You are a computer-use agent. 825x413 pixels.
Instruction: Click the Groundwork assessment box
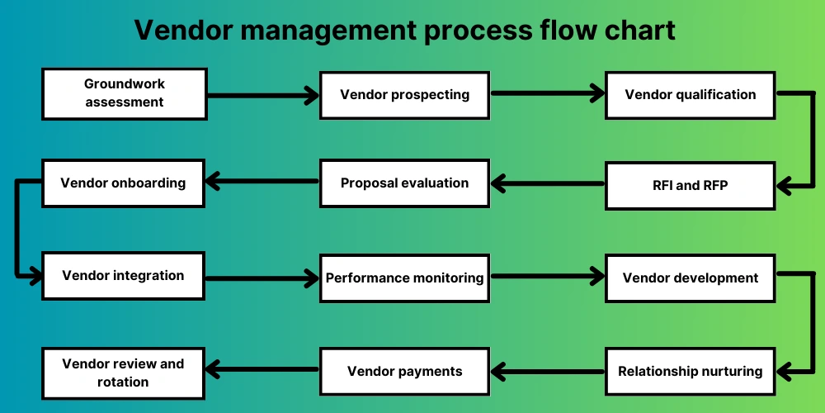pyautogui.click(x=124, y=93)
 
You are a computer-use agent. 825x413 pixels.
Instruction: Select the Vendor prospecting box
pyautogui.click(x=404, y=94)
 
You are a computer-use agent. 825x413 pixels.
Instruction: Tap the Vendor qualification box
pyautogui.click(x=690, y=94)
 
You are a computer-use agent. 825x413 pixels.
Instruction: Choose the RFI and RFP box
pyautogui.click(x=690, y=185)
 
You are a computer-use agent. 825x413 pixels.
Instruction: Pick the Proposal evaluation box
pyautogui.click(x=404, y=183)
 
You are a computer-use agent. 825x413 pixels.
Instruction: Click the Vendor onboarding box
pyautogui.click(x=123, y=183)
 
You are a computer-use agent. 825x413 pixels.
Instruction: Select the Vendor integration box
pyautogui.click(x=123, y=276)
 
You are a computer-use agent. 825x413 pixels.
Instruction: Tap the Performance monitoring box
pyautogui.click(x=404, y=278)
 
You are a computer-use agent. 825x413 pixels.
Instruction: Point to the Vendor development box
pyautogui.click(x=690, y=278)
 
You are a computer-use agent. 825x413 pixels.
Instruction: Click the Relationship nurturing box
pyautogui.click(x=690, y=371)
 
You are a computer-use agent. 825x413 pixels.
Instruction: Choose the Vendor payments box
pyautogui.click(x=404, y=371)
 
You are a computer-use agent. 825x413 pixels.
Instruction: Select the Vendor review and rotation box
pyautogui.click(x=123, y=373)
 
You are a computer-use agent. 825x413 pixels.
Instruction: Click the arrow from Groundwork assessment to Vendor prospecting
pyautogui.click(x=262, y=96)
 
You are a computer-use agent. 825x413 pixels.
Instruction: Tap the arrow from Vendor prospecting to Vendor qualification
pyautogui.click(x=547, y=94)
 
